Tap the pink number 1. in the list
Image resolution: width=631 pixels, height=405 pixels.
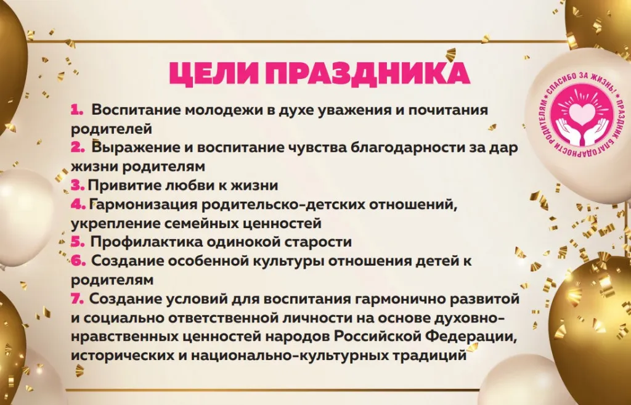[x=77, y=110]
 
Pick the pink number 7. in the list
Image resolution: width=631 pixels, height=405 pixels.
[x=78, y=299]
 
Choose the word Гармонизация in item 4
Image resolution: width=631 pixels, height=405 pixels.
[x=144, y=205]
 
